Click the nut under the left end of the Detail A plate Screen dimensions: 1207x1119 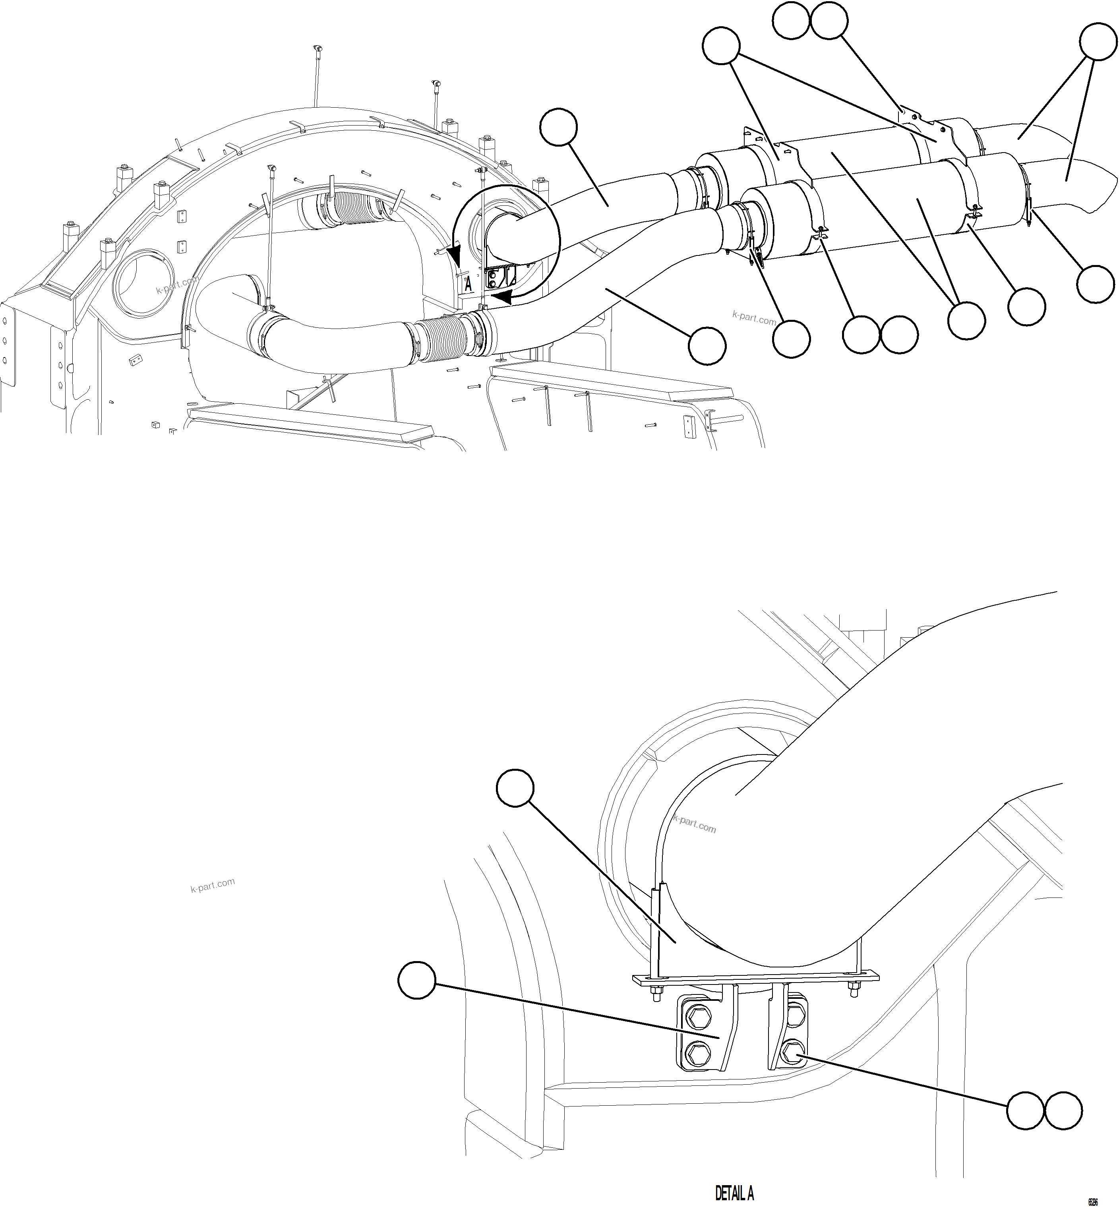pos(656,995)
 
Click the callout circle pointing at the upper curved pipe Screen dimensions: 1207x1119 pos(558,126)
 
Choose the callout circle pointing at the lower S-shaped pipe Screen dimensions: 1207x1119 pos(707,346)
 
